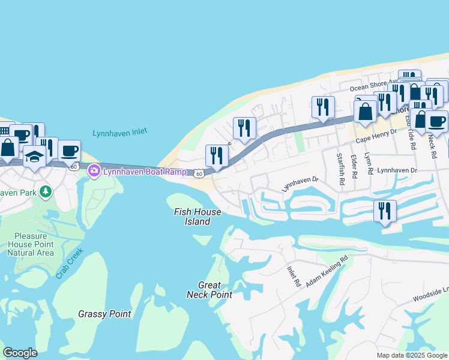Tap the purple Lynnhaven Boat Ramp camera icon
(94, 172)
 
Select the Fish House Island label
(197, 217)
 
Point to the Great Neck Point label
(209, 290)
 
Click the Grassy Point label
(104, 314)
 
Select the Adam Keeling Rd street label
(327, 272)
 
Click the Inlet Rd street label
(293, 277)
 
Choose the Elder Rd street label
(355, 166)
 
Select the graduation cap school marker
(35, 157)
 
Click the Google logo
(20, 353)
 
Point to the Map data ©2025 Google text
(411, 355)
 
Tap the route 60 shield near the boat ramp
(199, 173)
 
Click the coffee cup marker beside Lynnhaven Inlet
(69, 150)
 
